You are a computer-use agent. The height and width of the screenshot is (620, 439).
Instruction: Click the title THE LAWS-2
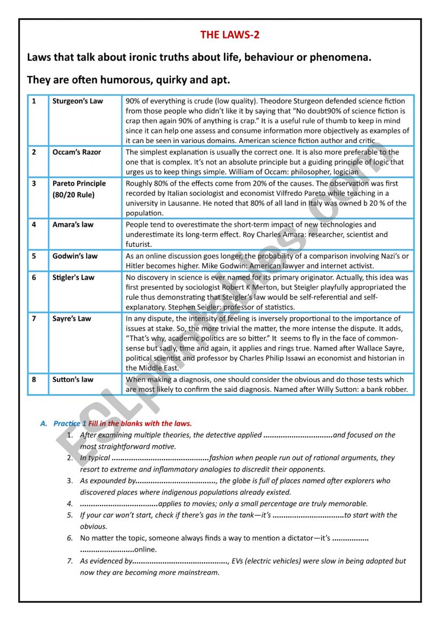point(230,35)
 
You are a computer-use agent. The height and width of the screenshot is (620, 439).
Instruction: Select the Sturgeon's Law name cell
point(78,101)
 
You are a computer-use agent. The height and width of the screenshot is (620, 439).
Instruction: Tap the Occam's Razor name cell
point(76,152)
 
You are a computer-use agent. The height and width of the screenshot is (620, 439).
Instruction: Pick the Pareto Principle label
point(79,184)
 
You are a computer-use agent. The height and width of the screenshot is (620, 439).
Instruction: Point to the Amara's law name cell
point(73,225)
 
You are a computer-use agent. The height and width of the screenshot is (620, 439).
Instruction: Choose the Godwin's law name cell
point(75,256)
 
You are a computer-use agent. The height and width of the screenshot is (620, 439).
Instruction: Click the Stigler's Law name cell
point(73,277)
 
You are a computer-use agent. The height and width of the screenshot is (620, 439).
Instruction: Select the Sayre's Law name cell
point(72,319)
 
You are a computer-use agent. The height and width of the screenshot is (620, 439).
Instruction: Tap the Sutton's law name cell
point(73,380)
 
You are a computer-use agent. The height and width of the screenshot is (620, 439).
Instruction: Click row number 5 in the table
point(34,256)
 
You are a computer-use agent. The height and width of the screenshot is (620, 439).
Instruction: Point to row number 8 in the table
point(34,380)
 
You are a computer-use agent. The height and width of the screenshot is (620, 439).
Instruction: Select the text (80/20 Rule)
point(73,195)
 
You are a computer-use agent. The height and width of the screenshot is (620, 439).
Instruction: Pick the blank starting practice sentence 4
point(119,504)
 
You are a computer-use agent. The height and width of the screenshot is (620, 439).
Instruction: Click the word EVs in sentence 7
point(241,561)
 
